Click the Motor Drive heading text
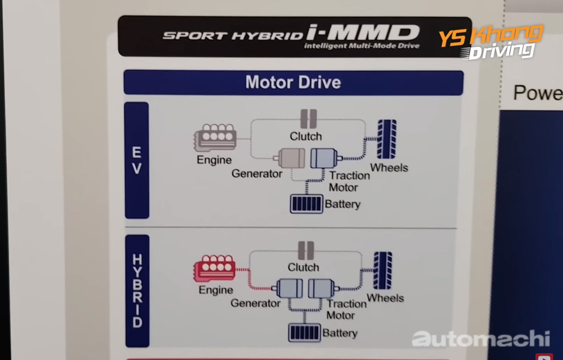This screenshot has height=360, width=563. point(293,83)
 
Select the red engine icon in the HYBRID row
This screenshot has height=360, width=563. point(214,269)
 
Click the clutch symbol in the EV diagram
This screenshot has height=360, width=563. point(308,119)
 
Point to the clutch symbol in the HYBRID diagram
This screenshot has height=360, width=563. point(305,251)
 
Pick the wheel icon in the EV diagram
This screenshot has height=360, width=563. point(387,139)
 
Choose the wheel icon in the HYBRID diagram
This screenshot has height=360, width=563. point(383,271)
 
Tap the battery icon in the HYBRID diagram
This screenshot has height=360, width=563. point(304,332)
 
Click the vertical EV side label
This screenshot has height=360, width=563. point(137,161)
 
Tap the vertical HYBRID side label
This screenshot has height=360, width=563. point(137,291)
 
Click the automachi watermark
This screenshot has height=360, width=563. point(480,338)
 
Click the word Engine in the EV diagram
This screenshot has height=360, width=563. point(214,160)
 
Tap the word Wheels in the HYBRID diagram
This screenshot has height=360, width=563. point(385,298)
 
